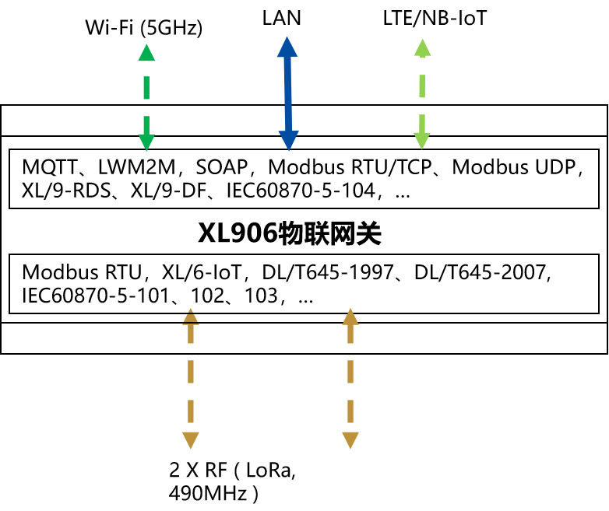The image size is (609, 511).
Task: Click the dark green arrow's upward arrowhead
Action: coord(146,54)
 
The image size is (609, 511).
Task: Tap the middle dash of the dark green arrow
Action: coord(146,88)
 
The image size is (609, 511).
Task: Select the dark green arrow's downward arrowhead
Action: coord(146,142)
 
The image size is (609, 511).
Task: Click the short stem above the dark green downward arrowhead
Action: coord(146,124)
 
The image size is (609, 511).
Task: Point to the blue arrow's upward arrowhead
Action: coord(287,47)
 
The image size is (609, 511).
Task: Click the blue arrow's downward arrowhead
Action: coord(289,140)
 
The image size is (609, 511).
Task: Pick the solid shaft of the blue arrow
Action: coord(288,93)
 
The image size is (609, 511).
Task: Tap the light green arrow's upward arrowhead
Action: coord(422,48)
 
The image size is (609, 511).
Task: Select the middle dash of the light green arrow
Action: coord(422,86)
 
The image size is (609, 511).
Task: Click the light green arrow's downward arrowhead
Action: coord(422,140)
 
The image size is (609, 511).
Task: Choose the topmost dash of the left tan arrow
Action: coord(191,334)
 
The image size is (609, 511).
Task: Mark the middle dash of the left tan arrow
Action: coord(191,372)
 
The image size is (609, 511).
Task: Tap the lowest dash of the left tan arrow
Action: coord(191,411)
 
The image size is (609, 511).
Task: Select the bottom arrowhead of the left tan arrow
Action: coord(191,440)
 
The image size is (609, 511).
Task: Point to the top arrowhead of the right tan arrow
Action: coord(350,317)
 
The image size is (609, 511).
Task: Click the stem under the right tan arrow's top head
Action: coord(350,334)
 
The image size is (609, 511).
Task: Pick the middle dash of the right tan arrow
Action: coord(350,372)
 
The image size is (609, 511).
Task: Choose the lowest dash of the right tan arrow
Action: coord(350,411)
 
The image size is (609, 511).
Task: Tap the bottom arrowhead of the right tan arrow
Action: coord(350,440)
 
